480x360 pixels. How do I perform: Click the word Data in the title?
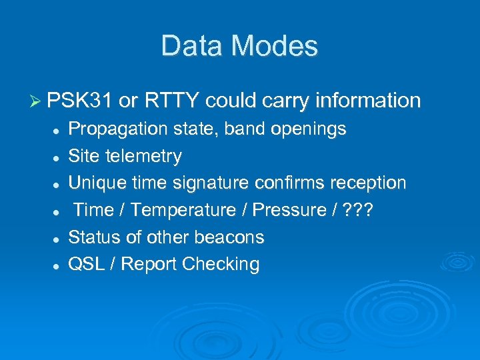pyautogui.click(x=189, y=46)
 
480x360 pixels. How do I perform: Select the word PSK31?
pyautogui.click(x=80, y=101)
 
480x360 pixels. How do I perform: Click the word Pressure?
pyautogui.click(x=289, y=210)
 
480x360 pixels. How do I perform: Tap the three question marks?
pyautogui.click(x=359, y=210)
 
